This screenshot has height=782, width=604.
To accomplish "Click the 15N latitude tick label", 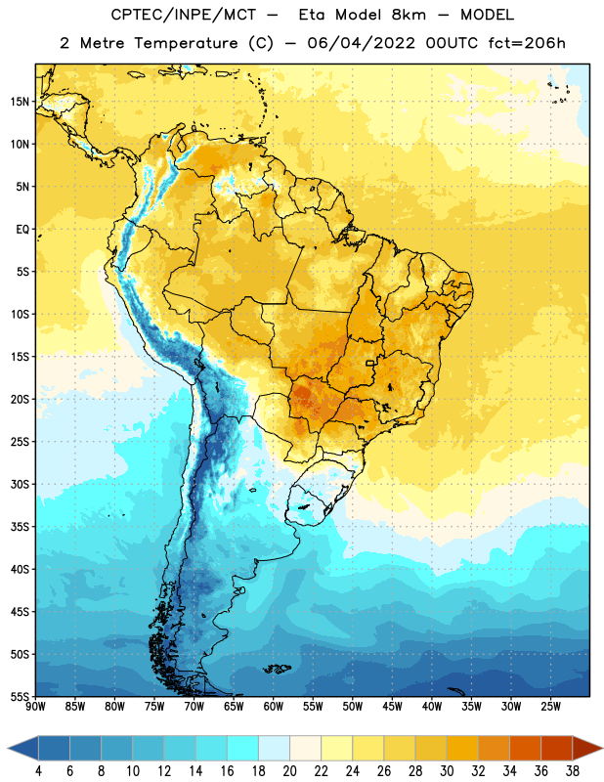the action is tap(20, 102).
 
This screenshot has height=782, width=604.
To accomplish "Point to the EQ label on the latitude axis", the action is tap(22, 230).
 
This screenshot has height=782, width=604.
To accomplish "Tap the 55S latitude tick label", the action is tap(20, 697).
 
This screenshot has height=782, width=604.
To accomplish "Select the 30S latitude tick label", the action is tap(20, 484).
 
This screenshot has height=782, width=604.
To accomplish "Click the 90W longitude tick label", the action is tap(35, 706).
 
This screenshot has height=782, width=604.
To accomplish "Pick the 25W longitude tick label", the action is tap(550, 706).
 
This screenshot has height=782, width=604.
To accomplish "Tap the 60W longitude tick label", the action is tap(274, 706).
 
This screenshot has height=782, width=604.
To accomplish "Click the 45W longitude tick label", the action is tap(393, 706).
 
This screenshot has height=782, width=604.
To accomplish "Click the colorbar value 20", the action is tap(289, 771).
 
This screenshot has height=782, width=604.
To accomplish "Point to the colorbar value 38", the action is tap(573, 771).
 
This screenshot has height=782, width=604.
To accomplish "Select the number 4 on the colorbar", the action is tap(38, 771).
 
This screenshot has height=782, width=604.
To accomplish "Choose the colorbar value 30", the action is tap(447, 771).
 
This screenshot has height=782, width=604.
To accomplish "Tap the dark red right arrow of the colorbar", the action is tap(586, 748).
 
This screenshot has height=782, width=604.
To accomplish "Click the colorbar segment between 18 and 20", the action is tap(274, 748).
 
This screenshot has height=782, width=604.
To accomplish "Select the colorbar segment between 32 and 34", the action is tap(494, 748).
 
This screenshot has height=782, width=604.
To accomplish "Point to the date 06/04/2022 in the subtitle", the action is tap(361, 43).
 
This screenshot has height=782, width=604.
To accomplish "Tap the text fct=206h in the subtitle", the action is tap(527, 43).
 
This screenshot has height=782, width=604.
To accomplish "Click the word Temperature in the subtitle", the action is tap(186, 44).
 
